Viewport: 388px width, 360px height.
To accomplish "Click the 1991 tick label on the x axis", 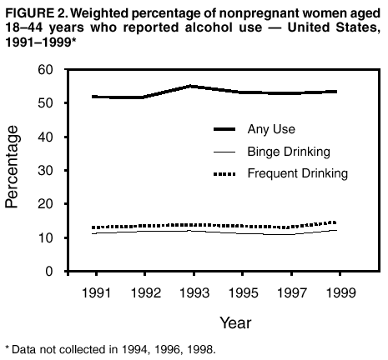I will point(97,293).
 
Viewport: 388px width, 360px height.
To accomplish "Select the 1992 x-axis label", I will point(145,293).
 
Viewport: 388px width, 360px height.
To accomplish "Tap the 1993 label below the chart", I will point(194,293).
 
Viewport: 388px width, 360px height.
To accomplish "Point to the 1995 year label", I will point(243,293).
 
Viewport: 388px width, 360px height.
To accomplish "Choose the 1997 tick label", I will point(291,293).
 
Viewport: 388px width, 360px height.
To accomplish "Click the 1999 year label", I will point(340,293).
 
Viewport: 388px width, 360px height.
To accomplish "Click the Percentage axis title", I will point(14,167).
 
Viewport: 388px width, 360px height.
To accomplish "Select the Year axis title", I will point(236,322).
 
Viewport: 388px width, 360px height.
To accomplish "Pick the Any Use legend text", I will point(271,129).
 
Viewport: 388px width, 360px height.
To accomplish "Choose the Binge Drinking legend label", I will point(289,152).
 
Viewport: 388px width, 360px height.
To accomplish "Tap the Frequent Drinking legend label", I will point(297,173).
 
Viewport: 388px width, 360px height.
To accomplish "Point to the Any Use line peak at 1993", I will point(194,86).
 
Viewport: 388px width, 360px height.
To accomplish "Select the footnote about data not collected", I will point(110,350).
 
